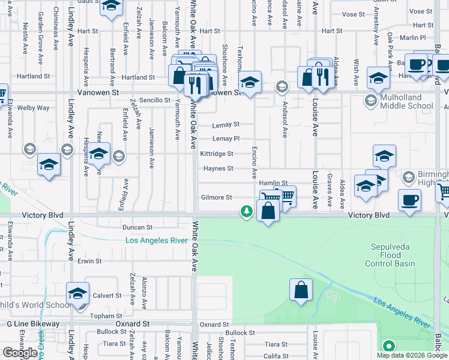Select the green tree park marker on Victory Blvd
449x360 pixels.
pos(246,211)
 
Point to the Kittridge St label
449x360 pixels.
pos(217,154)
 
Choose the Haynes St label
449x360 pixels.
pos(218,169)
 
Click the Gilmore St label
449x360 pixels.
pos(217,197)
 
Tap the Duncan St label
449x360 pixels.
pos(137,228)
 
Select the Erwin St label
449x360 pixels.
pos(89,261)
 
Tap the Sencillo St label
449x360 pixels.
pos(155,100)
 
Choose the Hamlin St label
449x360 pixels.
pos(277,183)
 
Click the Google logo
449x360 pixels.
pos(20,353)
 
